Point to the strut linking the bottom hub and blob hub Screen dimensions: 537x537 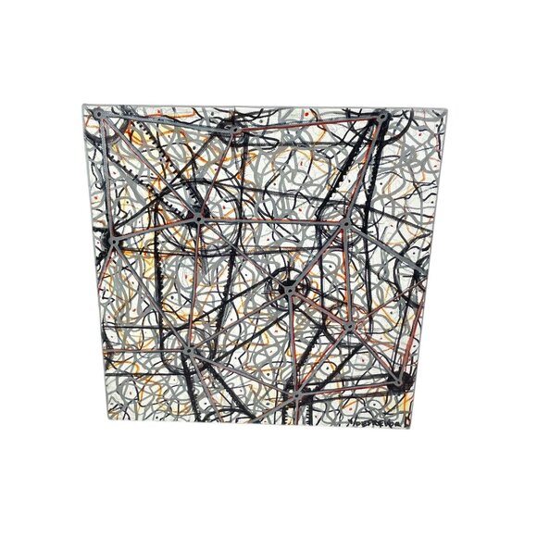(344, 384)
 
